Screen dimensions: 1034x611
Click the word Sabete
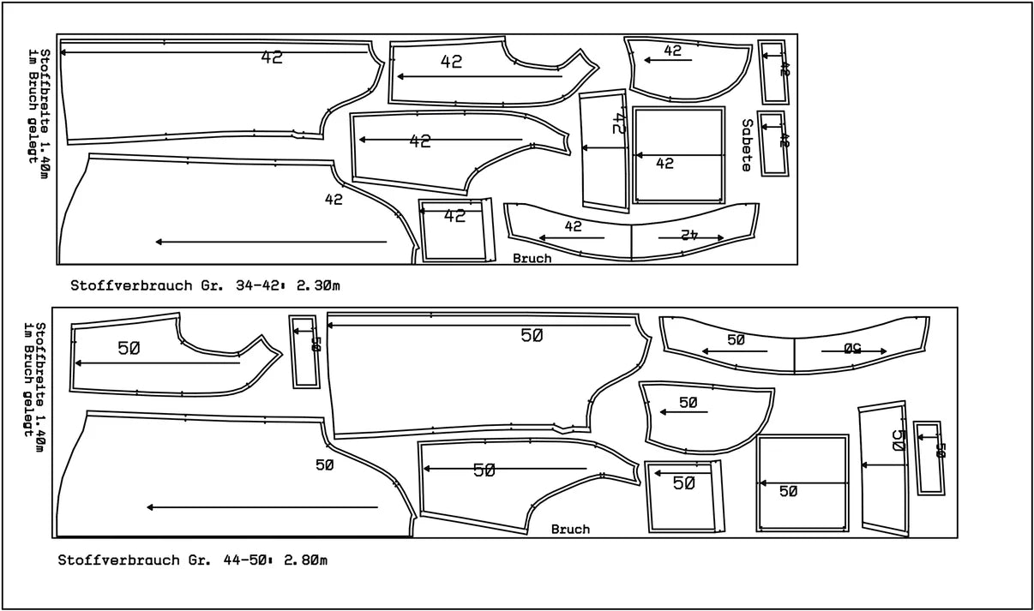tap(748, 146)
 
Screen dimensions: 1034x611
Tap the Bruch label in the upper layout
tap(532, 259)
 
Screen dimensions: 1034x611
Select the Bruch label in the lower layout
tap(570, 529)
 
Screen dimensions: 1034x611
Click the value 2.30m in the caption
tap(318, 285)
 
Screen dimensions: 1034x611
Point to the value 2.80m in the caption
tap(305, 560)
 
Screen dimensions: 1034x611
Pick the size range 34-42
tap(257, 285)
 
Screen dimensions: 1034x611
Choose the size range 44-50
tap(245, 560)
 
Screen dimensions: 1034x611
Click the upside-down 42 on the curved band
tap(688, 235)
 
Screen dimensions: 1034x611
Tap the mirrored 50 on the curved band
tap(852, 349)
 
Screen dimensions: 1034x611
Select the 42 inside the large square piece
tap(664, 164)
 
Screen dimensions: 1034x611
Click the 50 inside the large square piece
tap(788, 492)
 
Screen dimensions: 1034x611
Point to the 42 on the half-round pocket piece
tap(672, 51)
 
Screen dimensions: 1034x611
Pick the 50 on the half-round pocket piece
tap(688, 403)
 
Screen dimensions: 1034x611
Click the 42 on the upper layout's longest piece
tap(272, 57)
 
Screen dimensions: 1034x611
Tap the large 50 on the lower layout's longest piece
tap(532, 336)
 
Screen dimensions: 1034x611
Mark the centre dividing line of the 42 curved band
tap(632, 243)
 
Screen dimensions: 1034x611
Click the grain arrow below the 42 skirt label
tap(271, 242)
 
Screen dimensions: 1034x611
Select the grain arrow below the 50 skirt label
tap(262, 507)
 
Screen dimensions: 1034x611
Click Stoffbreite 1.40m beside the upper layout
tap(45, 114)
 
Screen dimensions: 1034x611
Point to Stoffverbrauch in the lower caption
tap(118, 560)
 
